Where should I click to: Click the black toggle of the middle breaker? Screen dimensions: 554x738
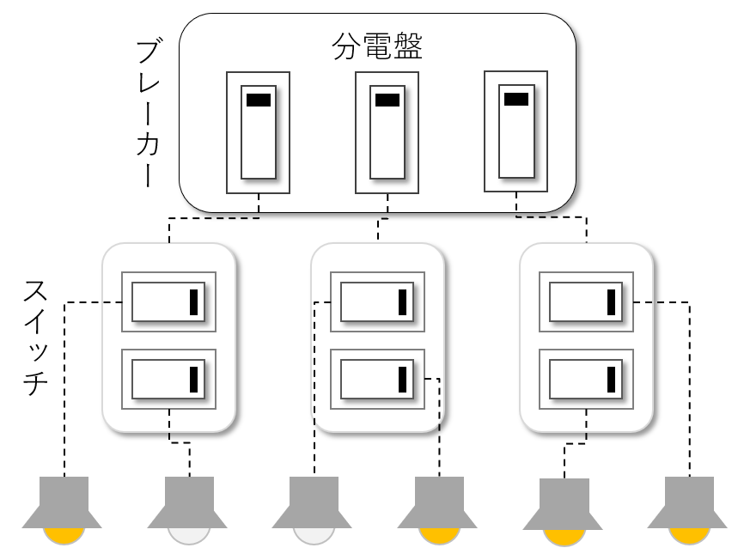tap(387, 100)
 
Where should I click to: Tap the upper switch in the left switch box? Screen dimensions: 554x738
tap(168, 302)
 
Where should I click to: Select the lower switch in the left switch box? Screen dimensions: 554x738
tap(168, 378)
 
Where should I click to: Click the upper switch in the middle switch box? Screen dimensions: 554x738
tap(378, 302)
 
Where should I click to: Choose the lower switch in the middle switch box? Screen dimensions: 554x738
tap(378, 378)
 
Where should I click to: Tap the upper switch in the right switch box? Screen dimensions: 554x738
tap(587, 302)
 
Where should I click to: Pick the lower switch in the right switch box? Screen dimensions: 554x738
tap(587, 378)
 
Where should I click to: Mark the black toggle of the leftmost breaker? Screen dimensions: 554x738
tap(258, 100)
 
